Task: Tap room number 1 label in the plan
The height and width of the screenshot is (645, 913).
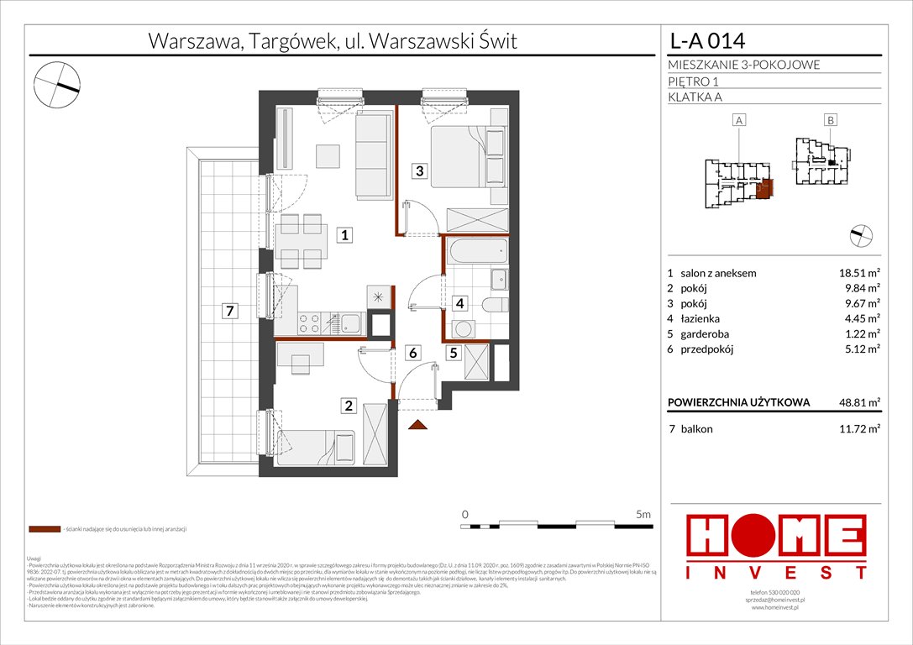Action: (344, 235)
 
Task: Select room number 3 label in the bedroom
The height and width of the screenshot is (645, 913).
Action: (417, 171)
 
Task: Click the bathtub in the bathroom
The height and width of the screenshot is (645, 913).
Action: (476, 250)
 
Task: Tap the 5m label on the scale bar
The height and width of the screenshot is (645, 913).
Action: (643, 513)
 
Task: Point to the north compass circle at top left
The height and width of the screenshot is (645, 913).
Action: (56, 82)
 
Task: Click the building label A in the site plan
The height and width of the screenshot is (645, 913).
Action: (739, 121)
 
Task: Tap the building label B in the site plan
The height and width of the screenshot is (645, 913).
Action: (830, 121)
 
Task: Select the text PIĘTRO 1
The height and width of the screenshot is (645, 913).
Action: (693, 81)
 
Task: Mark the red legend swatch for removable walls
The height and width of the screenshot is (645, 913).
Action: (44, 530)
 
